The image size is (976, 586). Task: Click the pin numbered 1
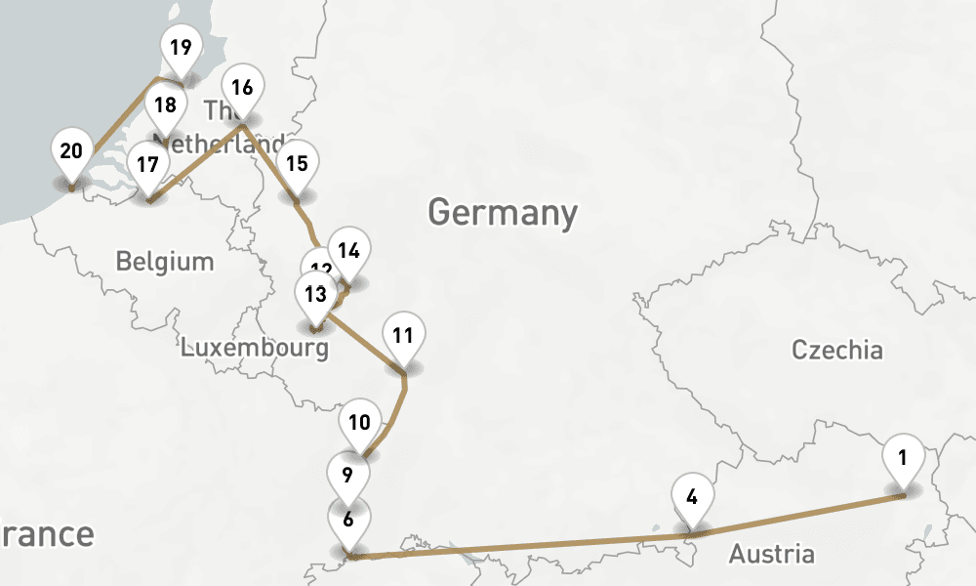(x=903, y=458)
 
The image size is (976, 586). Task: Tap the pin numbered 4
(x=692, y=497)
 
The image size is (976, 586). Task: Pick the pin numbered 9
(x=348, y=477)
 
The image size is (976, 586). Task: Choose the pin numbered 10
(x=360, y=424)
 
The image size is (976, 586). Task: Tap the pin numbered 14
(x=348, y=251)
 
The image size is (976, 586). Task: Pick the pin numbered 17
(x=147, y=165)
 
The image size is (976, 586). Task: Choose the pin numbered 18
(x=166, y=105)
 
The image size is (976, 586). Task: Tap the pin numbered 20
(x=71, y=152)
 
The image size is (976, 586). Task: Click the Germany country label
(x=503, y=212)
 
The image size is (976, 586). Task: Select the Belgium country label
(x=164, y=262)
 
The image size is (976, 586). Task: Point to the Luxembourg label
(x=254, y=347)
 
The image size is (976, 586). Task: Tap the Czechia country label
(x=836, y=350)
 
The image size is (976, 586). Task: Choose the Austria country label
(x=771, y=555)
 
